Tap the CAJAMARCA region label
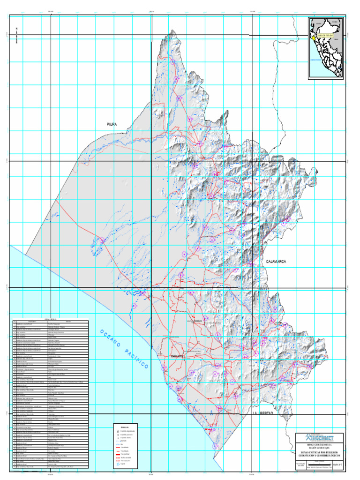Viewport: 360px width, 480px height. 276,262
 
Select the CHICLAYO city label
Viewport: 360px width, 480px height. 171,356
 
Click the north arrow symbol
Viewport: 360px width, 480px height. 17,36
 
